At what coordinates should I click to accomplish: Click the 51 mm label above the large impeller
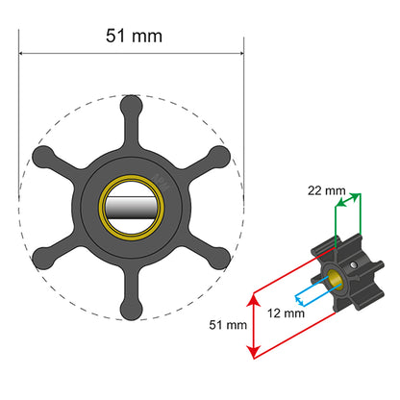(x=131, y=37)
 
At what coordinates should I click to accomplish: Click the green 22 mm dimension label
(x=327, y=190)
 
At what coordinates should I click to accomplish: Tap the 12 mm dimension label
(x=287, y=312)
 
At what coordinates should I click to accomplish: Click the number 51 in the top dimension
(x=116, y=37)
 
